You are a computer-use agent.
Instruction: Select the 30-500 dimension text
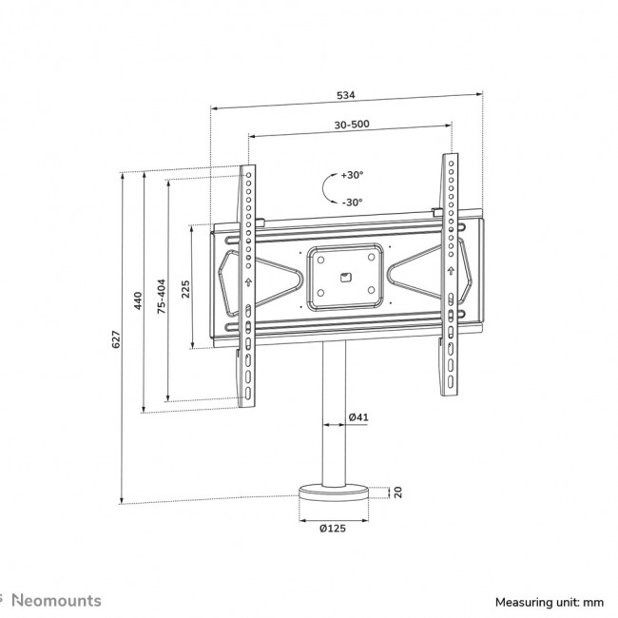point(352,125)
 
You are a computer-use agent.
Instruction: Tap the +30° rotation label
point(352,175)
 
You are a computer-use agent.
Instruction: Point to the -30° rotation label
point(352,202)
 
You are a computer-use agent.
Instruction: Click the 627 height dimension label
point(116,338)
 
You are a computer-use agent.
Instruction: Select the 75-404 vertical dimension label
point(162,296)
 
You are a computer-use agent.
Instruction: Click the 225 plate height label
point(185,288)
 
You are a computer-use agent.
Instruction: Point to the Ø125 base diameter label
point(333,529)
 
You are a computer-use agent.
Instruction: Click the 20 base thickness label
point(399,492)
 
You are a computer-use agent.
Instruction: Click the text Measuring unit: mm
point(549,602)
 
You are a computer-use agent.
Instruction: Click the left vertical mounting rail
point(247,285)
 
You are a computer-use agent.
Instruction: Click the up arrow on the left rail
point(247,282)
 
